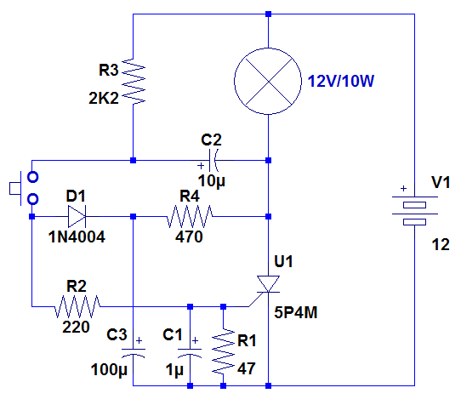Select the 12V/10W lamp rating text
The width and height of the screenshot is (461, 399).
coord(341,81)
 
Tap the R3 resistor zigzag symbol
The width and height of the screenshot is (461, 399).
coord(134,81)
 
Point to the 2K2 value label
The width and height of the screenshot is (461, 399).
coord(104,98)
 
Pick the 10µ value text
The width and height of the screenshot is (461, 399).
coord(212,181)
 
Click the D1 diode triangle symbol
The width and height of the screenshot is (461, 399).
coord(77,217)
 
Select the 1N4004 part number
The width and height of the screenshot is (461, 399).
coord(77,237)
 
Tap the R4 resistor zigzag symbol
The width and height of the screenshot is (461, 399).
coord(190,217)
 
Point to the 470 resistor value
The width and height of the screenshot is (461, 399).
coord(189,237)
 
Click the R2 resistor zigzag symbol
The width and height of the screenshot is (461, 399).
coord(77,306)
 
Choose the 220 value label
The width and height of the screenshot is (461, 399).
coord(76,327)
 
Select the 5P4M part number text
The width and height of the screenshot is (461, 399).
coord(296,312)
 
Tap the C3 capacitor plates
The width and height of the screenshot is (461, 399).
coord(134,352)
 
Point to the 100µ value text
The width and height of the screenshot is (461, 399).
coord(109,370)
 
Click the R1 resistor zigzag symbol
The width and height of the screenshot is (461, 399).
coord(224,352)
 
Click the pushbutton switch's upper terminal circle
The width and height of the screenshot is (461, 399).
coord(32,177)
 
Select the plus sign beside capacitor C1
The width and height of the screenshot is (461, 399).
coord(196,341)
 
